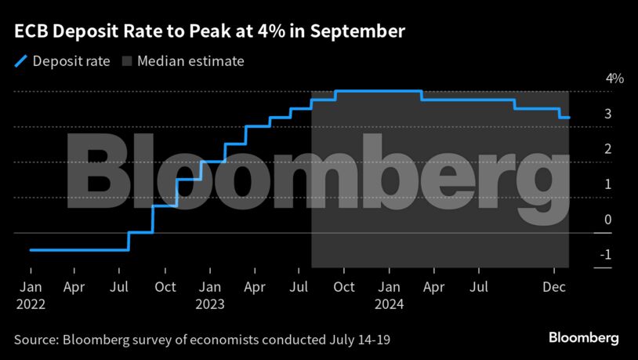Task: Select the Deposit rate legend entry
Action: click(71, 60)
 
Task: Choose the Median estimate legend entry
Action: click(191, 60)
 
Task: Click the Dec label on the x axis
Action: click(556, 288)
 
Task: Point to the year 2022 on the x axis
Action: click(31, 304)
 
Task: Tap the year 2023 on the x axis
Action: click(210, 304)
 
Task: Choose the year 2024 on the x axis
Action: click(390, 304)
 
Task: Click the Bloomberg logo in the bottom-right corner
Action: click(583, 338)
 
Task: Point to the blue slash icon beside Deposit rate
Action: click(20, 60)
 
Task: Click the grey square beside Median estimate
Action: click(126, 60)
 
